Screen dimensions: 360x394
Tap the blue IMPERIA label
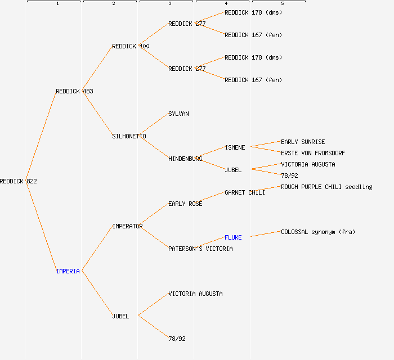pos(68,271)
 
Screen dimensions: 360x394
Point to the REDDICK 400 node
pos(131,46)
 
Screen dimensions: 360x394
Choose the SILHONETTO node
pos(129,136)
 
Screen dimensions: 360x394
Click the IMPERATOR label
pos(127,226)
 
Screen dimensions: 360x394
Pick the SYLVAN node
pos(178,114)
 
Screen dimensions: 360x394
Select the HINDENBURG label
pos(185,159)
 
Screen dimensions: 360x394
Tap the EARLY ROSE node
pos(185,204)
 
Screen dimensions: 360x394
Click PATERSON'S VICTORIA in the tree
pos(200,249)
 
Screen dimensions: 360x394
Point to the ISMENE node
pos(235,147)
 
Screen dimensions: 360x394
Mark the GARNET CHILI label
pos(245,192)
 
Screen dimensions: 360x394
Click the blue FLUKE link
pos(233,237)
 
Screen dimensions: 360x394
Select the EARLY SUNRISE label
pos(303,142)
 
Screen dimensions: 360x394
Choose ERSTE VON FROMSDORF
pos(313,153)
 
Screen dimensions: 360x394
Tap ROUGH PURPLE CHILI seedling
pos(326,187)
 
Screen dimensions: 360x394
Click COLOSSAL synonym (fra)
pos(318,232)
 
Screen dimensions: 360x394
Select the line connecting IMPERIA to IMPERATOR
pos(97,249)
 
